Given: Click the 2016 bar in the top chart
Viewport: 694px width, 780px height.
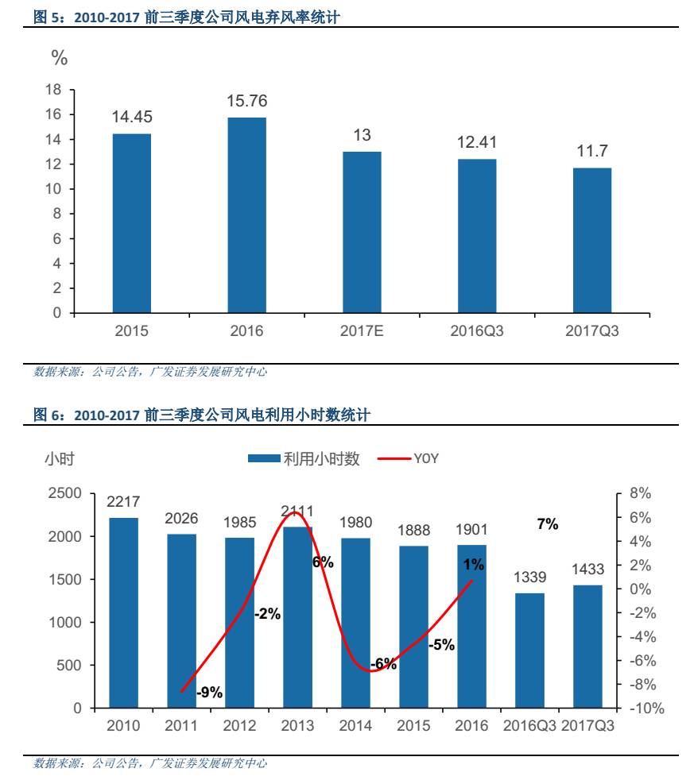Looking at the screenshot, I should point(246,215).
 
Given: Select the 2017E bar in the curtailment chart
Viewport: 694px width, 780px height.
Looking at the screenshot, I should point(362,232).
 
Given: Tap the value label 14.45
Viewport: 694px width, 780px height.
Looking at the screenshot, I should point(132,117).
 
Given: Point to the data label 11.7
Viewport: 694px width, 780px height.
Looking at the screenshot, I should point(592,151).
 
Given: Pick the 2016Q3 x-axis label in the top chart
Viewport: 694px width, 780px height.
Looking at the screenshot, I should point(477,331).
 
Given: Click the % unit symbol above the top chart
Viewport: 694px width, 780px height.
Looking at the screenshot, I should point(60,58).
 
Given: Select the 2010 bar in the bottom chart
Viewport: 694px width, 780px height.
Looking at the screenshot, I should point(123,612).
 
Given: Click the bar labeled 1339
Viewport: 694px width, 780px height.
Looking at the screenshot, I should point(529,650).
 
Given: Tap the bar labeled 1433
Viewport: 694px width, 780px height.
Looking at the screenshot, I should point(587,646).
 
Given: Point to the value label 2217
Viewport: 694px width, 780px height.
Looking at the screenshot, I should point(123,502).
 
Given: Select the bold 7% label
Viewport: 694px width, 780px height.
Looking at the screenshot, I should point(548,524).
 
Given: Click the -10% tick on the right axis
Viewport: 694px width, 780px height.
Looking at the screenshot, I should point(646,708).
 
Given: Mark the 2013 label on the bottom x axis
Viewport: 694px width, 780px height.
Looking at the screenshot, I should point(297,726).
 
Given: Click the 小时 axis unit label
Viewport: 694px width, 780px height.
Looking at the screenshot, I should point(59,458).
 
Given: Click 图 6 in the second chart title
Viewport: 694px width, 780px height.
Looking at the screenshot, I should point(49,415).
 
